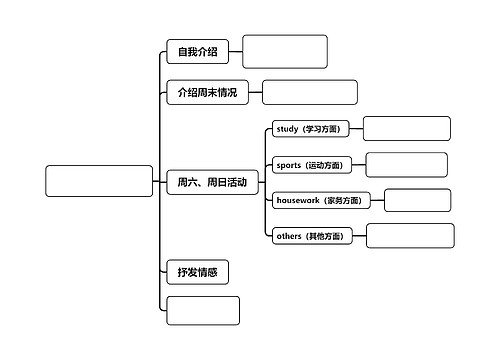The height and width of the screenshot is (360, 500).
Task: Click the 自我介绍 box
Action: tap(197, 52)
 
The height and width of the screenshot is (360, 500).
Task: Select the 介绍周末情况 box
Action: tap(207, 92)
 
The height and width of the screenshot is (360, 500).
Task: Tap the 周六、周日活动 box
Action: tap(212, 182)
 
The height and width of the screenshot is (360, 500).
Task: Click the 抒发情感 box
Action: tap(197, 271)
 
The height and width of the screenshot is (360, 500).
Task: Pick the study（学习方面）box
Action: tap(310, 129)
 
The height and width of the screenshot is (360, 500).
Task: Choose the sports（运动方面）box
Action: tap(311, 165)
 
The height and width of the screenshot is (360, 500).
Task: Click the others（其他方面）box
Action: tap(311, 236)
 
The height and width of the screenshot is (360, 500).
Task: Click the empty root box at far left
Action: tap(99, 181)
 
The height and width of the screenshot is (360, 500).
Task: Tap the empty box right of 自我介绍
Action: tap(284, 51)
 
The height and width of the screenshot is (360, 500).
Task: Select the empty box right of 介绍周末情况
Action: tap(309, 92)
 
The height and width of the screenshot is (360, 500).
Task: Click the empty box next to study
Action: tap(406, 128)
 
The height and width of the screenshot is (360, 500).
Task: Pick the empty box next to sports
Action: tap(406, 164)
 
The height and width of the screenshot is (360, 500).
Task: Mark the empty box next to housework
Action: tap(417, 200)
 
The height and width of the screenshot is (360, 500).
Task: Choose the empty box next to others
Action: tap(409, 236)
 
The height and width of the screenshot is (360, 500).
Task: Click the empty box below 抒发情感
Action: tap(203, 310)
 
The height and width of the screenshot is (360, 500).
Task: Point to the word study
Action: tap(287, 129)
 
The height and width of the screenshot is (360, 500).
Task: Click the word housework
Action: tap(297, 200)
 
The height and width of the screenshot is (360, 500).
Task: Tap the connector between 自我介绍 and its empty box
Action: tap(236, 52)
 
